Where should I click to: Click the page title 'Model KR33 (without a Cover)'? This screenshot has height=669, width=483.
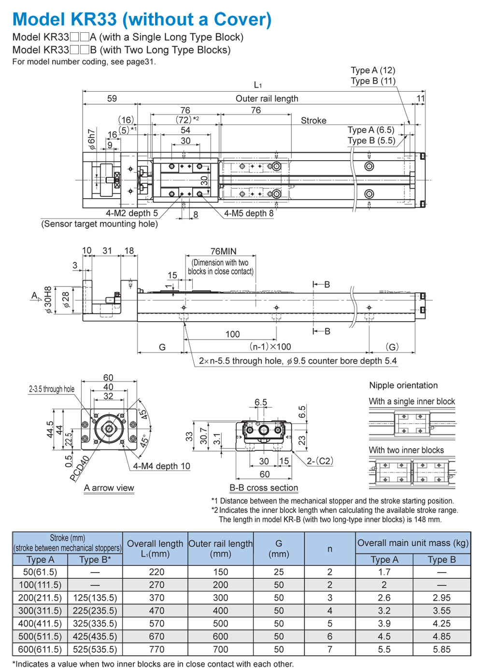click(142, 19)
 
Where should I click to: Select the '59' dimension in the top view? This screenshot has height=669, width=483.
click(112, 98)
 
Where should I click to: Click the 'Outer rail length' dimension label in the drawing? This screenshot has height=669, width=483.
click(267, 98)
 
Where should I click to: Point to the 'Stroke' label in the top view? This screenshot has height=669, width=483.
click(313, 121)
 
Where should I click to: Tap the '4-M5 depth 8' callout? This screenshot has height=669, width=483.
click(249, 213)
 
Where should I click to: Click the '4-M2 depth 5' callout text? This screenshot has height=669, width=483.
click(131, 213)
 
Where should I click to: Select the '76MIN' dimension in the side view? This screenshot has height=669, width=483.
click(224, 251)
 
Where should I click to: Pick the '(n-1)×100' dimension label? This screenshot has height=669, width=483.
click(270, 346)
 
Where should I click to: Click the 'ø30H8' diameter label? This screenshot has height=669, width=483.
click(48, 300)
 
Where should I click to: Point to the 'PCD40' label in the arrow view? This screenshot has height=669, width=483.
click(80, 468)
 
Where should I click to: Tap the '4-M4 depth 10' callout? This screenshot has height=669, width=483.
click(161, 466)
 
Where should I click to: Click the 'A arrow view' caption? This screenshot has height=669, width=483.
click(109, 488)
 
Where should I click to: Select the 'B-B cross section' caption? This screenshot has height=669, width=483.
click(264, 488)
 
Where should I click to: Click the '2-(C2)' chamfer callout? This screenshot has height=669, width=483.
click(320, 461)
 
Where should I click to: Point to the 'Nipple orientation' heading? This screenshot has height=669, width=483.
click(403, 385)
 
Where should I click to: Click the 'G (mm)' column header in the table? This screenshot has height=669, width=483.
click(279, 548)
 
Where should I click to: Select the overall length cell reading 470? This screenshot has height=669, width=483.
click(156, 611)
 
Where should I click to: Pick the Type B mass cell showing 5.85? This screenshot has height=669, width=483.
click(441, 649)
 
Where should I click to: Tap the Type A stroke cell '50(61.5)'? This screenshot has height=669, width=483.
click(40, 572)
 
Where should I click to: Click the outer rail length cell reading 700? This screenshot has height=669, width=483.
click(220, 649)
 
